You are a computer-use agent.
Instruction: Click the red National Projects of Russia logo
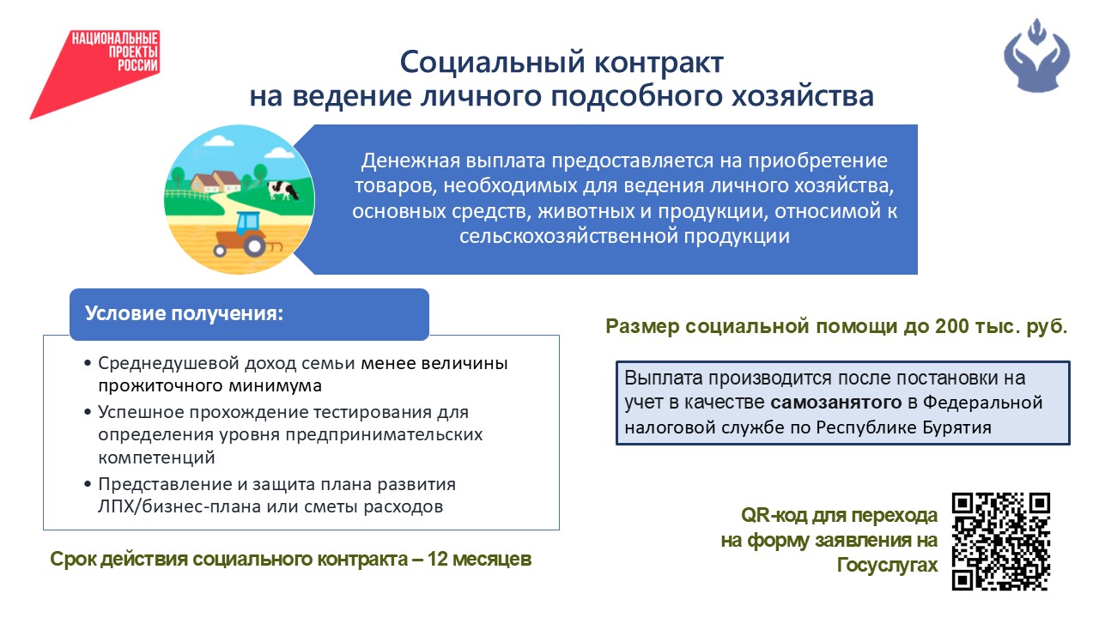click(94, 74)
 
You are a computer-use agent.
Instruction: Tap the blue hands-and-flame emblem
click(1036, 56)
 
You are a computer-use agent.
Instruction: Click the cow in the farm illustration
click(282, 190)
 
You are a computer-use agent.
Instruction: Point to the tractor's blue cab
click(249, 224)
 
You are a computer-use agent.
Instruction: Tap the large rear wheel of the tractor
click(255, 245)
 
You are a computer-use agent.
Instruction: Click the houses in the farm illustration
click(216, 181)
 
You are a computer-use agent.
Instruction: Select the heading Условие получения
click(184, 313)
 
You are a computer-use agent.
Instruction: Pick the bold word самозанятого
click(836, 403)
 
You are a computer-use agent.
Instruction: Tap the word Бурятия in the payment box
click(956, 427)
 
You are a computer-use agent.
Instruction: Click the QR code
click(1001, 542)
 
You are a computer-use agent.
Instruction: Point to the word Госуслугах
click(887, 565)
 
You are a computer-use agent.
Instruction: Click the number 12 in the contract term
click(438, 559)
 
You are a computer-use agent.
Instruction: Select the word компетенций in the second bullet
click(156, 458)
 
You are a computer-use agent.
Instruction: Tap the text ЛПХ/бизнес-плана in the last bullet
click(179, 506)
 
